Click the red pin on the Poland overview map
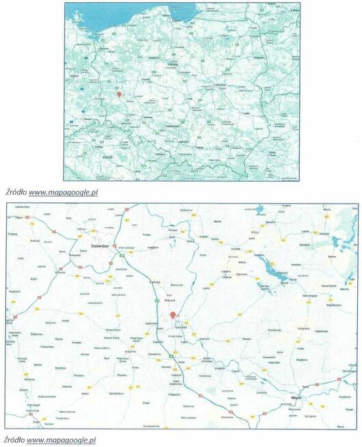[x=118, y=94]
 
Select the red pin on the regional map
[x=172, y=314]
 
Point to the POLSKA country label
[x=172, y=63]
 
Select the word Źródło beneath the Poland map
[x=15, y=192]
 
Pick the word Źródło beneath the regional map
[x=14, y=439]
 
